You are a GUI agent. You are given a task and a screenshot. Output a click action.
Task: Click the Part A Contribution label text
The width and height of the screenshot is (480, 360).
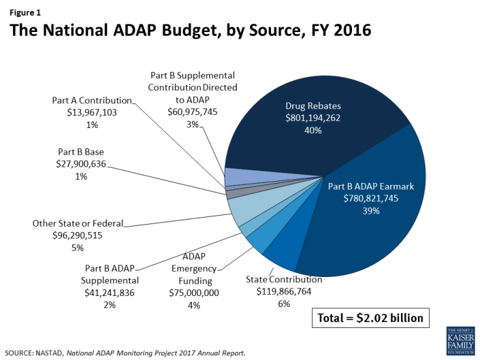click(x=92, y=101)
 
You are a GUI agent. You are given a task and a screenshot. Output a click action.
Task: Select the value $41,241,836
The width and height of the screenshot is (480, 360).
click(x=110, y=293)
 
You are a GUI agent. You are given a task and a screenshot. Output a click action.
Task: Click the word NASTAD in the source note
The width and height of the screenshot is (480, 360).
click(x=57, y=353)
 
